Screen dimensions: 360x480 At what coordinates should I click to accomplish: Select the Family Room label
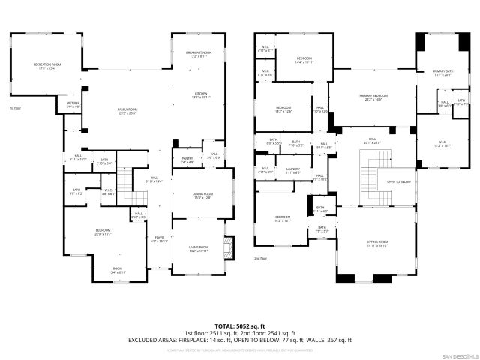coord(128,111)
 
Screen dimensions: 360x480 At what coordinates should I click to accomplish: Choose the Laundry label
coord(292,170)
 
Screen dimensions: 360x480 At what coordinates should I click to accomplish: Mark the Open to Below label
coord(399,181)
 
